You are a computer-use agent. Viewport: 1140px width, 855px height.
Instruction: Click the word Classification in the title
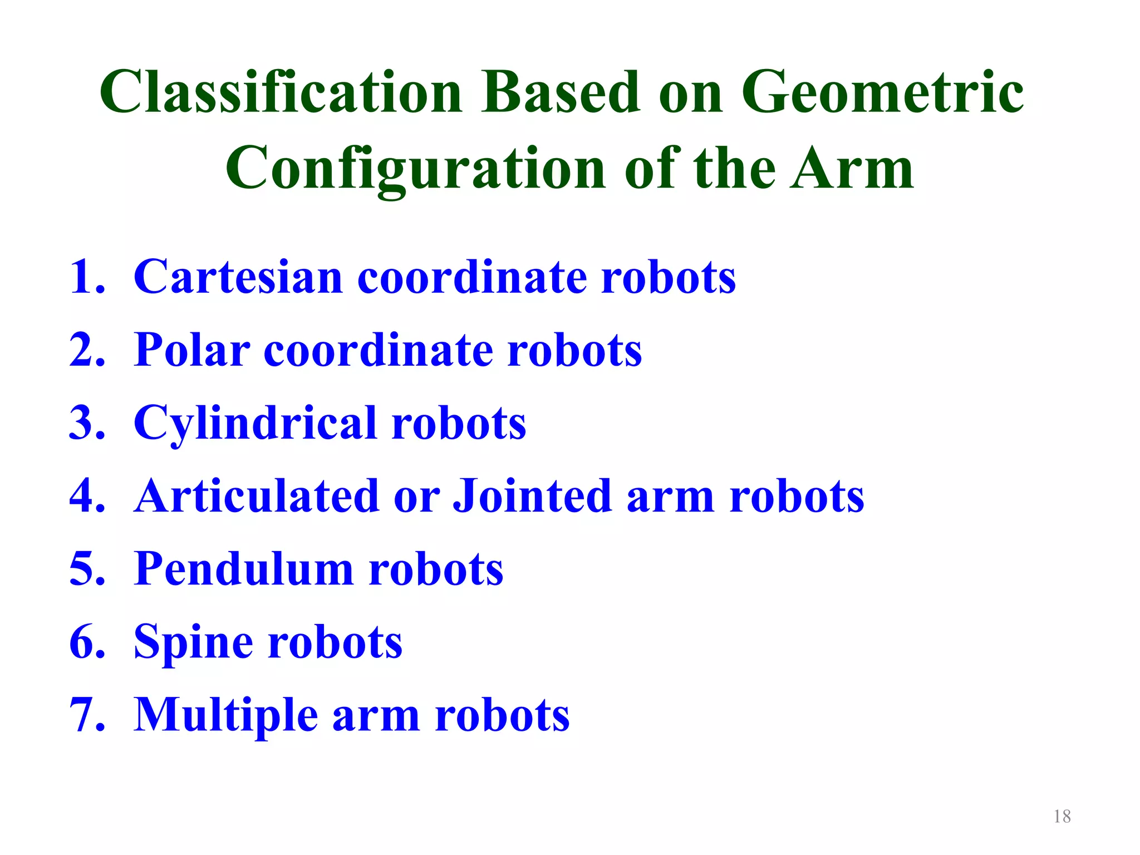click(x=281, y=92)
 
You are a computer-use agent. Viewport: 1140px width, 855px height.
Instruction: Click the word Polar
click(x=192, y=351)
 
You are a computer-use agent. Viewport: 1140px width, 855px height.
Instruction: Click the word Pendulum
click(x=244, y=569)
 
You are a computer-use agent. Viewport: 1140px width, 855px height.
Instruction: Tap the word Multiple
click(x=225, y=716)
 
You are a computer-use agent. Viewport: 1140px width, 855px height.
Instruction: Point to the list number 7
click(x=86, y=715)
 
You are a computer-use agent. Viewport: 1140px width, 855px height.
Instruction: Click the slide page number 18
click(x=1062, y=817)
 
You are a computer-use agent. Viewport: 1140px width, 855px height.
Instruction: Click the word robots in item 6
click(x=335, y=643)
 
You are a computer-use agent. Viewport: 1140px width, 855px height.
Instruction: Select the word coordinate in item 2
click(x=379, y=351)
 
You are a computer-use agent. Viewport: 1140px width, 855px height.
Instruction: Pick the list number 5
click(x=86, y=569)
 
